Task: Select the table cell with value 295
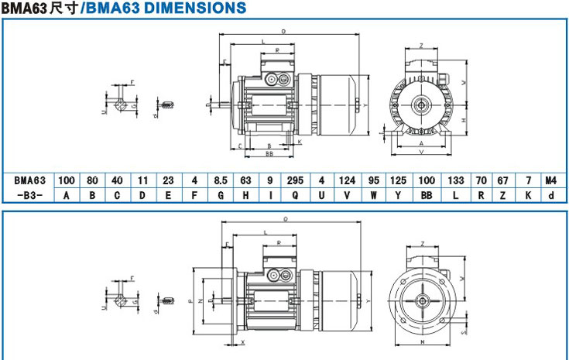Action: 295,180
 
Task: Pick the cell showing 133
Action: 456,180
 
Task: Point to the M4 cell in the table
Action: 550,180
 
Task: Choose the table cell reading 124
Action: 347,180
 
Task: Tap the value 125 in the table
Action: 398,180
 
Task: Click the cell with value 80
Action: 92,180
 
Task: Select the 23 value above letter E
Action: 168,180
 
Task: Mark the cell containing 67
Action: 503,180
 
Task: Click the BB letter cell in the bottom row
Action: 426,194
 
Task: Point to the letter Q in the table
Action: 295,194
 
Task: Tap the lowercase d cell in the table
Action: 550,194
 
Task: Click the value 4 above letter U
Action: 321,180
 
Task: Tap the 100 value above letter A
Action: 67,180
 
